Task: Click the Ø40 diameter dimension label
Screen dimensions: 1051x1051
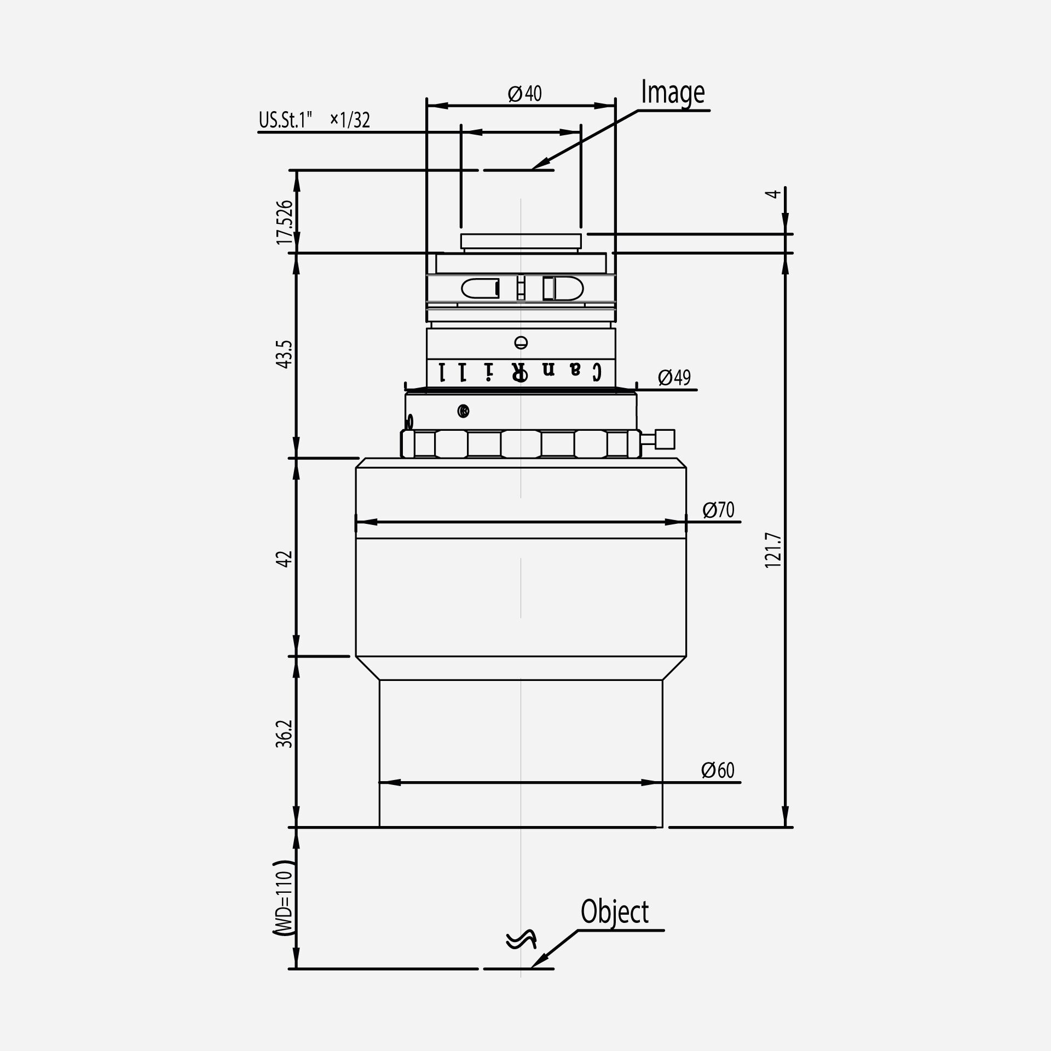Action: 524,94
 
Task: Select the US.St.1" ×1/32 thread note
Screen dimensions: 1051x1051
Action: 314,120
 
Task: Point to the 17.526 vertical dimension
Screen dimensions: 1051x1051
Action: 285,222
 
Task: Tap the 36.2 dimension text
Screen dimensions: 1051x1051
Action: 285,734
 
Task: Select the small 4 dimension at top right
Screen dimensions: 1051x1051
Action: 772,194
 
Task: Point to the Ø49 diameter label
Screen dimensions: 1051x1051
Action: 674,377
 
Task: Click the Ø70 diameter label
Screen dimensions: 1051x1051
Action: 718,510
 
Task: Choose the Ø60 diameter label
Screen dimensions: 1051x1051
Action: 717,770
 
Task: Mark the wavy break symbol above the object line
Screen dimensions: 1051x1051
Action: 520,939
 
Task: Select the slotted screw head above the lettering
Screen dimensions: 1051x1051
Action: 521,343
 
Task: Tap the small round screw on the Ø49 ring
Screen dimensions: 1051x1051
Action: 463,411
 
